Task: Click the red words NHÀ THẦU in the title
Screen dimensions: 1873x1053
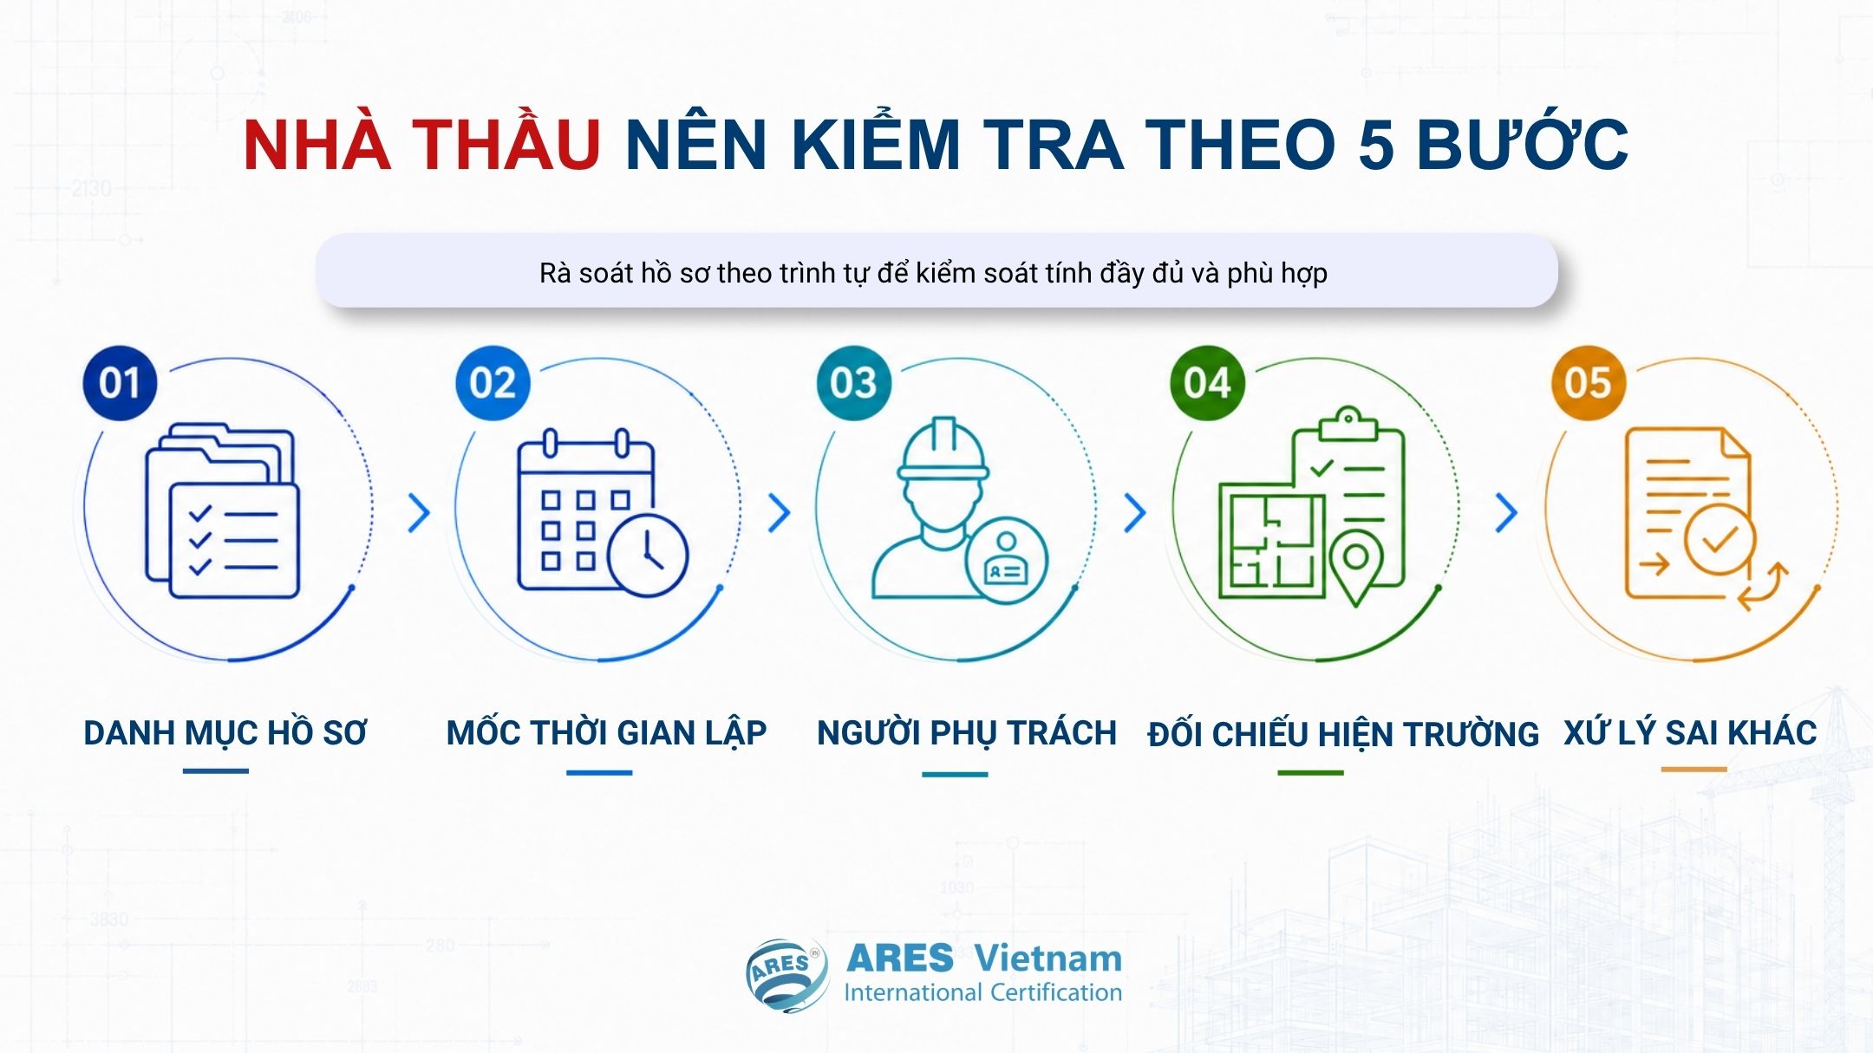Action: coord(421,143)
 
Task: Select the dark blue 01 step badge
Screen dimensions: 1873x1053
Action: coord(120,383)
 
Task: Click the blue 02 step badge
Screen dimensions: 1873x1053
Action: coord(493,383)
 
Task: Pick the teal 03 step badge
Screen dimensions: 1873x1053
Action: coord(853,383)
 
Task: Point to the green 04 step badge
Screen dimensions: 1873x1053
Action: coord(1207,383)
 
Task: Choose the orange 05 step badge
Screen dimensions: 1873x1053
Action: coord(1588,383)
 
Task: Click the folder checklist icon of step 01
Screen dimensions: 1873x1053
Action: coord(222,511)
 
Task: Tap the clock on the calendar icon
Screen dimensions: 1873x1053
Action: coord(648,556)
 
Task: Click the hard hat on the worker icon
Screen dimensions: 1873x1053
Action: coord(943,448)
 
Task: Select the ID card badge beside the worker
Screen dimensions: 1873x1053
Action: coord(1006,560)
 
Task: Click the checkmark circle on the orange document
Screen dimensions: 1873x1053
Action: coord(1720,539)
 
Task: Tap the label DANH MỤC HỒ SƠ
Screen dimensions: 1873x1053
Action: coord(225,734)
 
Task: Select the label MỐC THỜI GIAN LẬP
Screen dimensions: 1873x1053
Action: coord(606,734)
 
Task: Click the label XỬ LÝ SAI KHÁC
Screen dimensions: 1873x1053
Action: coord(1690,733)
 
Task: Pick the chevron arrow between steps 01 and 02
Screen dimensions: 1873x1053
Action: coord(420,513)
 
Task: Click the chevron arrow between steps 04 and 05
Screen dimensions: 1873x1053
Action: coord(1507,513)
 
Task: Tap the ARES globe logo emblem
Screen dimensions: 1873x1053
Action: coord(786,975)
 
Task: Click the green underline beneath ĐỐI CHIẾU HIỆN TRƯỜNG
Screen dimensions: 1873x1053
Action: coord(1310,772)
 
